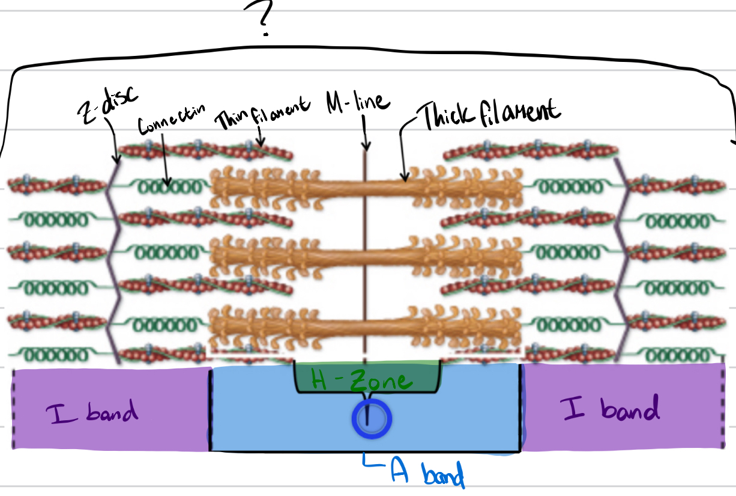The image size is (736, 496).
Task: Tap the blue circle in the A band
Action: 371,418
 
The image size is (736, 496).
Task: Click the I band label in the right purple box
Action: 610,409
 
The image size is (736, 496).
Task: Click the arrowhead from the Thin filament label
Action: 261,144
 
